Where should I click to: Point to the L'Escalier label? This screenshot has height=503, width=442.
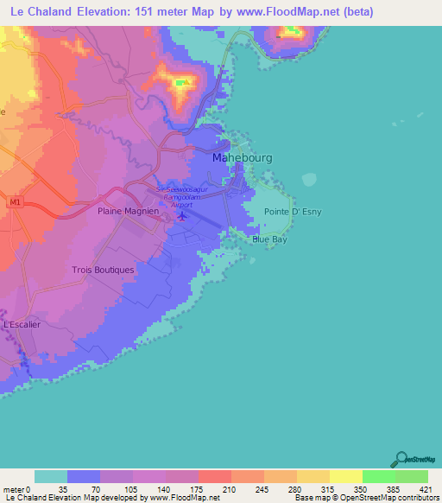pyautogui.click(x=22, y=324)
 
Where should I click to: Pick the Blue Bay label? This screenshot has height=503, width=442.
pyautogui.click(x=269, y=240)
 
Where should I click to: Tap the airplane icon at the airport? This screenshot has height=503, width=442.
pyautogui.click(x=181, y=214)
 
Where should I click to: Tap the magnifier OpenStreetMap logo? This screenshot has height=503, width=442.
pyautogui.click(x=401, y=459)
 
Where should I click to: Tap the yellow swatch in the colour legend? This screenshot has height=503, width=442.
pyautogui.click(x=345, y=476)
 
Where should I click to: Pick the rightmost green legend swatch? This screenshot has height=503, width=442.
pyautogui.click(x=411, y=476)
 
